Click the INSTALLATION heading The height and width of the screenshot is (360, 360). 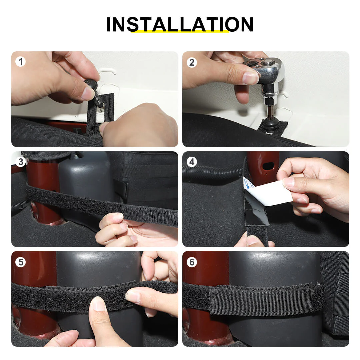180,24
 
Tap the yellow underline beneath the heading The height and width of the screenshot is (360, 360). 180,31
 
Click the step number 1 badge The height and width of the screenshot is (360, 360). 20,62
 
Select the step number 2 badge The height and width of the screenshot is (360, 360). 192,62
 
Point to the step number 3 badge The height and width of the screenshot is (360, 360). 20,162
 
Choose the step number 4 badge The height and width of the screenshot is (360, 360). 192,162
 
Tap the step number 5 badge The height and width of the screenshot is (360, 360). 20,262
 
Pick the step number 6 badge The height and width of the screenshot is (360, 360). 192,262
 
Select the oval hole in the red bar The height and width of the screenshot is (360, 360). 268,166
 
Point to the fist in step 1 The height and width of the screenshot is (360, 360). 140,125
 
